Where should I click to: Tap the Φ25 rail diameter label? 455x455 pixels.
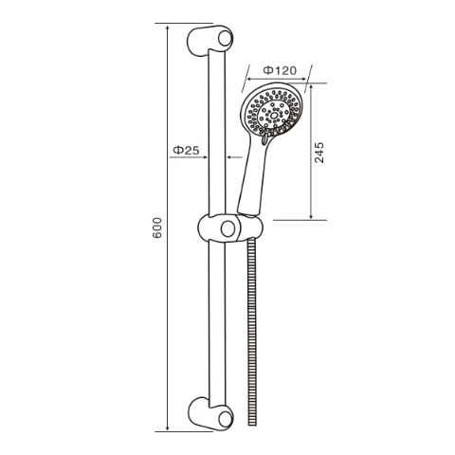186,150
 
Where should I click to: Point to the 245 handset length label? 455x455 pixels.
319,153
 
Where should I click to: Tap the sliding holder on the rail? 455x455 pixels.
227,228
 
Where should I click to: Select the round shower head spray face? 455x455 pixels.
272,112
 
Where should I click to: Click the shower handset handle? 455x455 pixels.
254,175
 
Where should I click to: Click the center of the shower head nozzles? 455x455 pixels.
273,112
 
